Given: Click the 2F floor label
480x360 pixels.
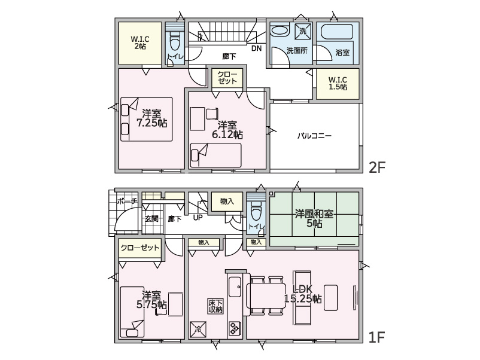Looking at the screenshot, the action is (376, 167).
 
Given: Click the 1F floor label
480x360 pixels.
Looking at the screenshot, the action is (376, 337).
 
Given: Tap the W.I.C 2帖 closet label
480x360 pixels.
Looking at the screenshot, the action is (140, 43).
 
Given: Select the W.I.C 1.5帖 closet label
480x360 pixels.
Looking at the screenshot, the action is (338, 84).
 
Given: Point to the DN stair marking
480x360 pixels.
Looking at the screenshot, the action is (257, 48).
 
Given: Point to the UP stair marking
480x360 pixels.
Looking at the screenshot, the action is (198, 218).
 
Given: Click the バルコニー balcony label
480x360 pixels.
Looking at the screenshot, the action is (314, 136).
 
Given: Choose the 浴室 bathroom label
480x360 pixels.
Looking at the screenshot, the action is (342, 53).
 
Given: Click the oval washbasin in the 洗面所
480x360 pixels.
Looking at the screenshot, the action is (281, 31).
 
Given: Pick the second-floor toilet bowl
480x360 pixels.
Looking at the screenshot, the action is (175, 43).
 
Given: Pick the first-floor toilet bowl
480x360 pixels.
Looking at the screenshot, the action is (256, 212).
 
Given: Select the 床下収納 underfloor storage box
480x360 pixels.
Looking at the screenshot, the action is (215, 306).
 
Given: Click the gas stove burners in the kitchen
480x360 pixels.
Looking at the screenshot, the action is (235, 328).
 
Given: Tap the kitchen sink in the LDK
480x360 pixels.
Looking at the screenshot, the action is (235, 286).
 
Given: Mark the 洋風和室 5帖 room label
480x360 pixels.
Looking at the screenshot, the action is (314, 218).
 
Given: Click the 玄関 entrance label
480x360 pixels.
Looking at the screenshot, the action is (152, 219).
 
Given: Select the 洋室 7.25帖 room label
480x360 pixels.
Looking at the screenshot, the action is (151, 118).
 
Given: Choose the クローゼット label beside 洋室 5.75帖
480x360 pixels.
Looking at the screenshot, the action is (140, 248).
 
